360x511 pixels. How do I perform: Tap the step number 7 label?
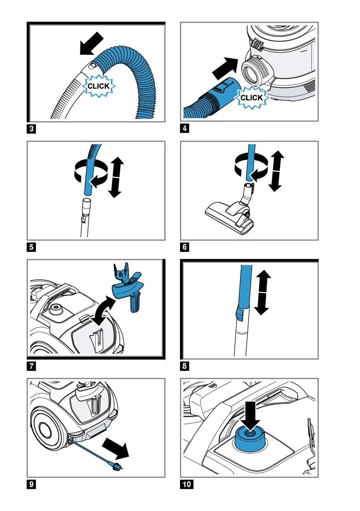[x=32, y=366]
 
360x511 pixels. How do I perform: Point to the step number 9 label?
[x=32, y=484]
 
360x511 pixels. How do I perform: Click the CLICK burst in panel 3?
[x=99, y=86]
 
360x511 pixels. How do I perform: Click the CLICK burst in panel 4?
[x=251, y=98]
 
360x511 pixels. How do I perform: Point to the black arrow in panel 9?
[x=116, y=448]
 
